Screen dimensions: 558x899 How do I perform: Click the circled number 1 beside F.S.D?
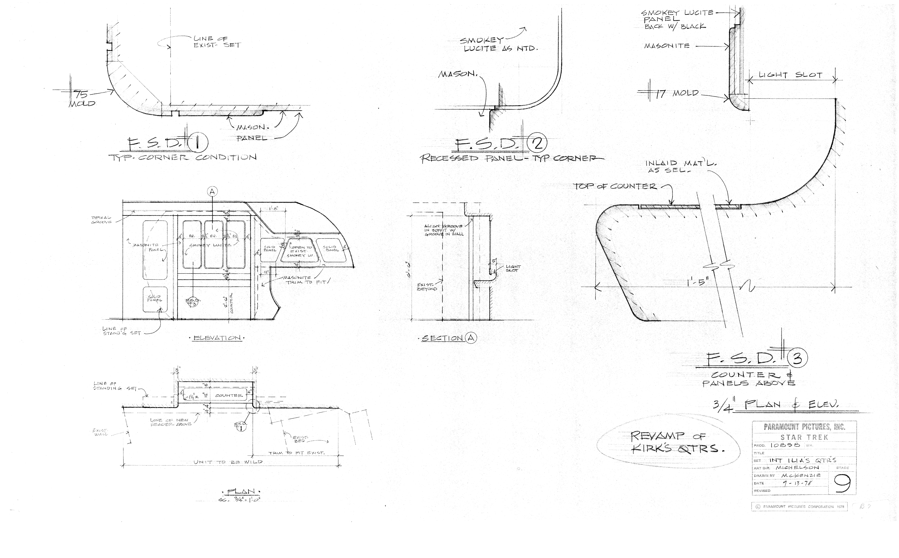[x=198, y=144]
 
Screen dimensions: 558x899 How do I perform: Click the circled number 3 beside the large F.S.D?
[x=797, y=358]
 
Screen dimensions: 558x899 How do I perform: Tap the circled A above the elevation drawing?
[x=212, y=191]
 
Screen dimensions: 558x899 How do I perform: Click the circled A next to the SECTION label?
[x=471, y=338]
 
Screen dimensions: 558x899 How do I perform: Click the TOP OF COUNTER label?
[x=615, y=186]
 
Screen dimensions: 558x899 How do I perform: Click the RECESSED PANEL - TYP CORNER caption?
[x=512, y=158]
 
